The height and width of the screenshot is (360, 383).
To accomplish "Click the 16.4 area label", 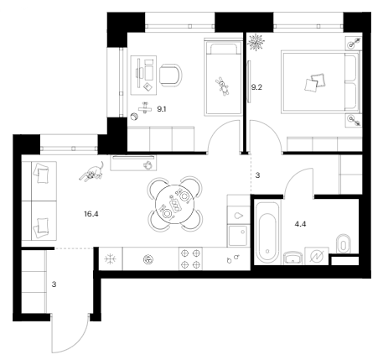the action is (x=91, y=214).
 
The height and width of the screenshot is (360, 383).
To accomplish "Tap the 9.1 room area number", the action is (x=161, y=109).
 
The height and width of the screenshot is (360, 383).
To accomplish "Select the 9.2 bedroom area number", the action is (x=256, y=87).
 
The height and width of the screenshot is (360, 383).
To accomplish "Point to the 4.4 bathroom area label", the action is (x=300, y=224).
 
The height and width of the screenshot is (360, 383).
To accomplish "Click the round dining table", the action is (x=174, y=204).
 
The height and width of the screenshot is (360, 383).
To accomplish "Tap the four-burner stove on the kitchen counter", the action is (x=191, y=258).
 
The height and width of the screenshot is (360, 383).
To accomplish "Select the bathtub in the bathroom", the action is (x=268, y=232).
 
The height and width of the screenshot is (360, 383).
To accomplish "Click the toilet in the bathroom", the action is (x=344, y=244).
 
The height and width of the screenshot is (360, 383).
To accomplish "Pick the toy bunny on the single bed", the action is (x=223, y=86).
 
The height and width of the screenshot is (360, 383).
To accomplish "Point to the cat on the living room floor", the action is (x=92, y=172).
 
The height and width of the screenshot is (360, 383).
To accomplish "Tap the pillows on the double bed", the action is (x=315, y=82).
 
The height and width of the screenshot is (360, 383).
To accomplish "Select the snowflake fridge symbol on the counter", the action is (x=111, y=259).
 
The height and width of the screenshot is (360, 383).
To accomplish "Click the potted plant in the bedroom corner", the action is (x=256, y=42).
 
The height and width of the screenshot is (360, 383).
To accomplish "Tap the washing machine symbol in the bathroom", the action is (x=317, y=256).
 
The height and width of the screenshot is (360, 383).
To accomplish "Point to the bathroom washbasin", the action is (x=293, y=258).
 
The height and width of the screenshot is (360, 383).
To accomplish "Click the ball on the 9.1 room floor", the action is (x=134, y=117).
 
